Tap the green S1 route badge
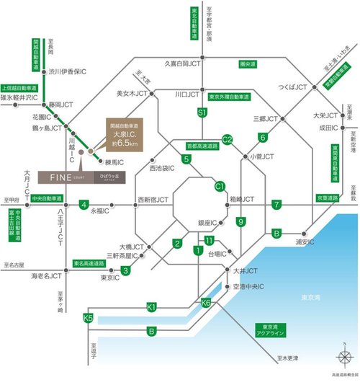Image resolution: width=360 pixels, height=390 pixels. [202, 112]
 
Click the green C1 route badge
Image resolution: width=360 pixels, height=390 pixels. [220, 186]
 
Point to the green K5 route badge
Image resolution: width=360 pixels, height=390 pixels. [89, 318]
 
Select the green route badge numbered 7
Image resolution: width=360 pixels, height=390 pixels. [276, 205]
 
